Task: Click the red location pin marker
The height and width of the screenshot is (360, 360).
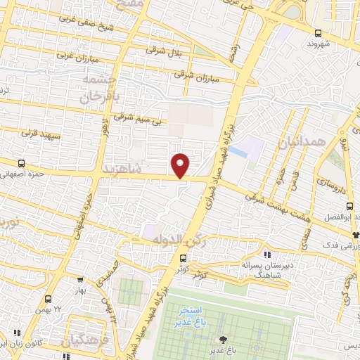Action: coord(181,165)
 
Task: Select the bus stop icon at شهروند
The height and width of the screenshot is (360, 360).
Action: coord(319,32)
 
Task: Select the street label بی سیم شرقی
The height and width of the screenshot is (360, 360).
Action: coord(145,120)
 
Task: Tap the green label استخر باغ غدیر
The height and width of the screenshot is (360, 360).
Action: coord(191,315)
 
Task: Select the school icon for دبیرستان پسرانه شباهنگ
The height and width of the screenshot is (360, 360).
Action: coord(266,255)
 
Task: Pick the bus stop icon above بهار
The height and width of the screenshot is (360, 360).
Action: coord(81,278)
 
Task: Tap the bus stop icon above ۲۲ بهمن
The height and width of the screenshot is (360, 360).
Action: coord(48,299)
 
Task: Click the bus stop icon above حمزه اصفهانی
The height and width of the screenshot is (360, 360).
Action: coord(21,162)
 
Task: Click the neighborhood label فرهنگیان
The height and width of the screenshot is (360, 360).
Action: coord(87,342)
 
